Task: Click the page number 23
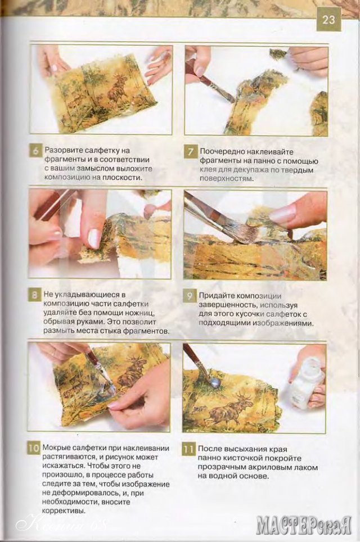click(328, 20)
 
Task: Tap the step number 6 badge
click(36, 151)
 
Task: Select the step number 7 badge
click(191, 152)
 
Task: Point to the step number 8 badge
click(34, 295)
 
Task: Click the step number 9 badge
click(190, 296)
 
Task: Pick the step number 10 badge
click(34, 448)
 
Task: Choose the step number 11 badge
click(188, 449)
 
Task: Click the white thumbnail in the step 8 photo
click(94, 238)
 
